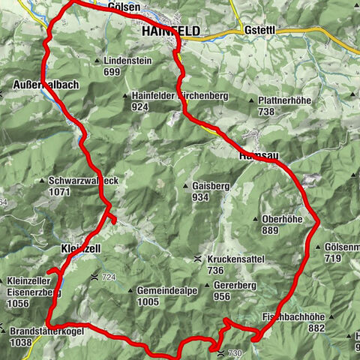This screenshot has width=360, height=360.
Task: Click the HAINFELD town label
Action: [x=170, y=32]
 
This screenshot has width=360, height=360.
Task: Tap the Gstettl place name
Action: [x=261, y=31]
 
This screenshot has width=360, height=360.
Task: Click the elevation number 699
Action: [x=112, y=72]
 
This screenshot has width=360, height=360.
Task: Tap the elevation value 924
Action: [x=139, y=107]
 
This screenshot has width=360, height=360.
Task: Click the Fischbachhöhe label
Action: [x=295, y=316]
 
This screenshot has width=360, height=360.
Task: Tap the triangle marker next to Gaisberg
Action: [x=184, y=186]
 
